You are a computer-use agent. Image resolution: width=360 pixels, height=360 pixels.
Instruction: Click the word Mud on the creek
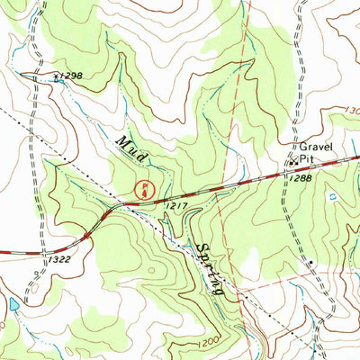[x=131, y=149]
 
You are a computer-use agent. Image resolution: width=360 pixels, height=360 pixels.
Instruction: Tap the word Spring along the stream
[x=204, y=268]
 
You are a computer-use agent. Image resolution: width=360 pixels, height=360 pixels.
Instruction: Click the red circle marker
[x=141, y=189]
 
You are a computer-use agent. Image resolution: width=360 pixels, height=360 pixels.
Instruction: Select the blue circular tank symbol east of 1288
[x=332, y=194]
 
